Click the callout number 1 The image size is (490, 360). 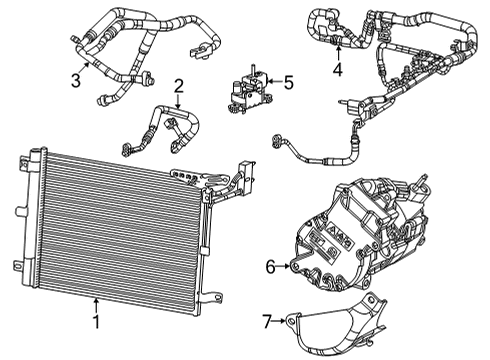95,322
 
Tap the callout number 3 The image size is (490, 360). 75,79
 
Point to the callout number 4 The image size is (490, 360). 338,70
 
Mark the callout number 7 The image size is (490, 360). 266,321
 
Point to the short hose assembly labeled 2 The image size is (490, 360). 175,125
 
